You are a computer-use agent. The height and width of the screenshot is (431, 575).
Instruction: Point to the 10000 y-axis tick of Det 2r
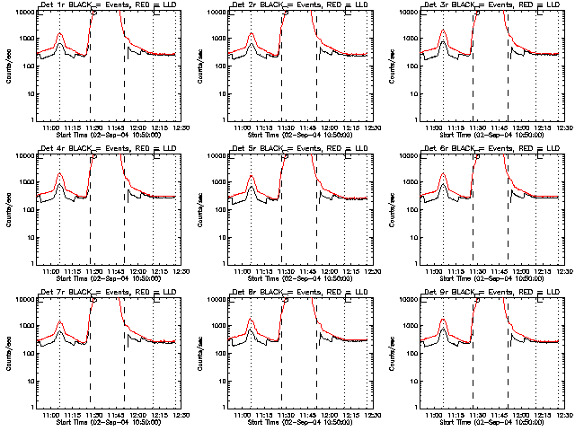pos(215,13)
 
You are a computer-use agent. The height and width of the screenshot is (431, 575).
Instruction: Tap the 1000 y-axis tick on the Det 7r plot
pos(24,327)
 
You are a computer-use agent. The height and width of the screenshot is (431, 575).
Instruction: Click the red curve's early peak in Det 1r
pos(60,34)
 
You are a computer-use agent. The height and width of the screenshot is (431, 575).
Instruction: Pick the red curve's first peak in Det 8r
pos(252,321)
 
